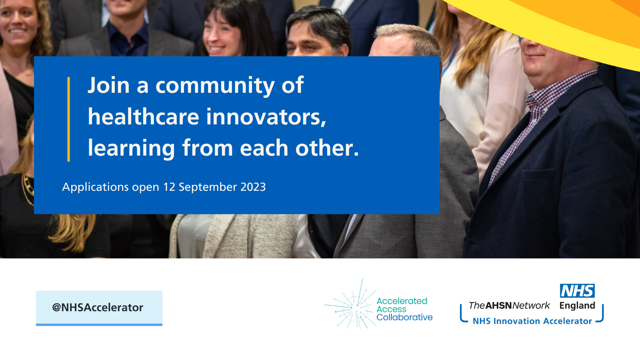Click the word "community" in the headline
coord(215,86)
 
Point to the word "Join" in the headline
coord(108,86)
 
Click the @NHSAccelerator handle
coord(98,308)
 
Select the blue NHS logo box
coord(577,291)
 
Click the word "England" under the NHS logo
coord(577,306)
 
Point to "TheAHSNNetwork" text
coord(509,306)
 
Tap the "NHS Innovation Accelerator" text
coord(532,321)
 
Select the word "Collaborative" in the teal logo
coord(404,318)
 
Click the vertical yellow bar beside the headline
coord(69,119)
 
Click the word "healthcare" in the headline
coord(143,117)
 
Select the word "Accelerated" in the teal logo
coord(402,301)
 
